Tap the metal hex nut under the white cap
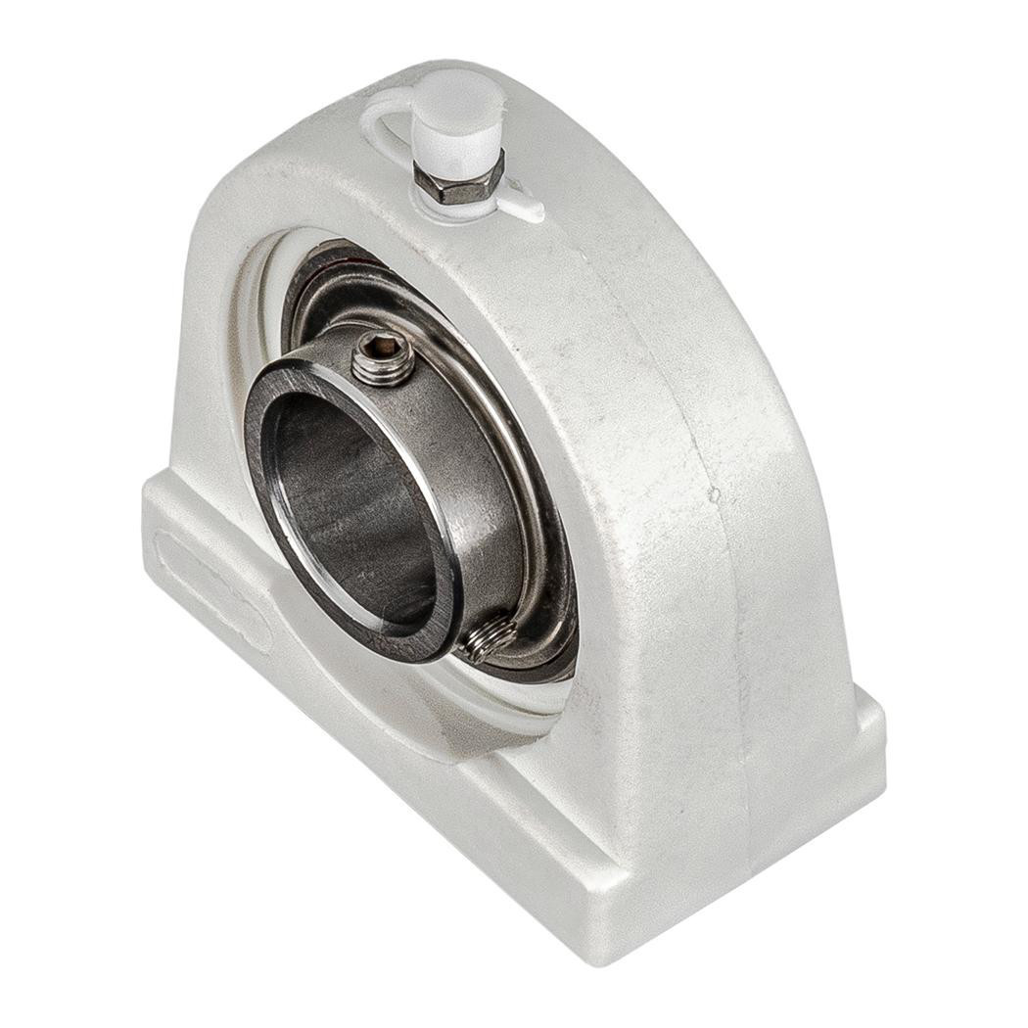point(457,183)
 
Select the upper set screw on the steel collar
point(383,358)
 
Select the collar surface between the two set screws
point(480,490)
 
